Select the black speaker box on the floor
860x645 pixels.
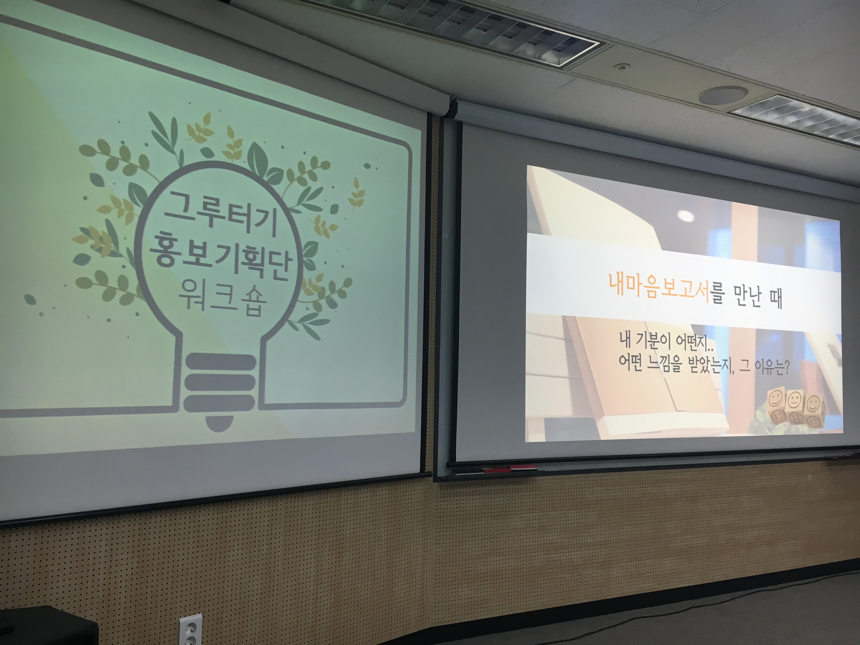(x=47, y=626)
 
